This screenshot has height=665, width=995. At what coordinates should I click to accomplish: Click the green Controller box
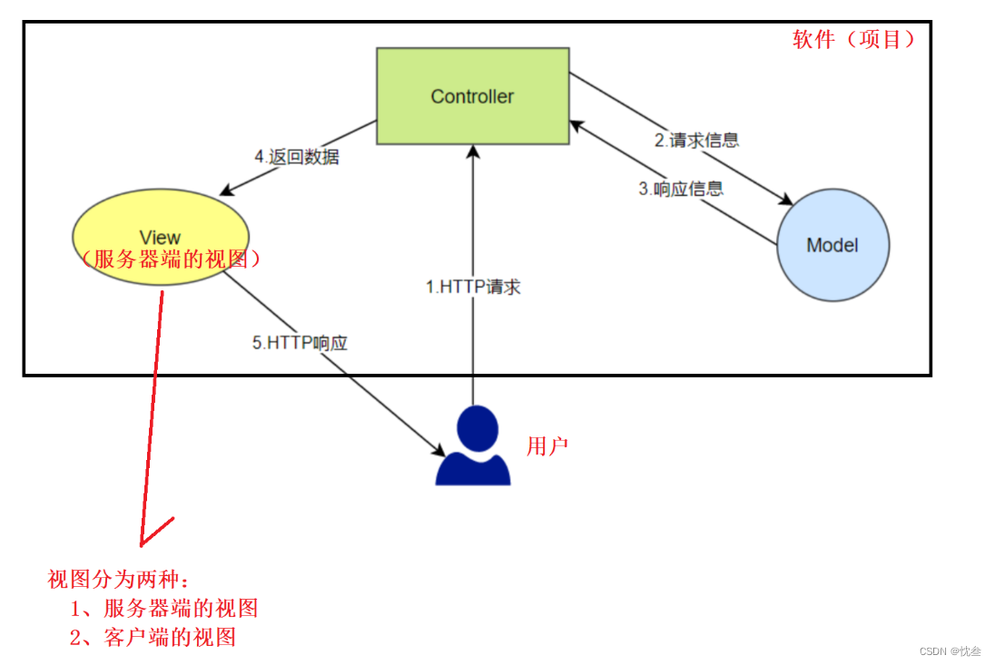[473, 96]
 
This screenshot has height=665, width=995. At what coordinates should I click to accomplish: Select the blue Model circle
[832, 245]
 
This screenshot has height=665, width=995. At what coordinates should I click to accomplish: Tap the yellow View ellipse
[162, 218]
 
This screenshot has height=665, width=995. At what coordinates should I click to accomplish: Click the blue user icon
[474, 445]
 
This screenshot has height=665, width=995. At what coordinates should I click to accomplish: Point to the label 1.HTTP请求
[473, 287]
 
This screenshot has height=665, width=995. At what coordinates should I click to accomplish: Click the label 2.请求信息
[696, 140]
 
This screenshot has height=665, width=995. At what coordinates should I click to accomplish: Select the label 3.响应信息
[681, 189]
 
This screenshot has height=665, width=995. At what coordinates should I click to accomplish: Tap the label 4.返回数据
[297, 156]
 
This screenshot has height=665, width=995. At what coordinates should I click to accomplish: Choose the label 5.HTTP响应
[300, 344]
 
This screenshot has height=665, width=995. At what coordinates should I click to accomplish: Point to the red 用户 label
[547, 446]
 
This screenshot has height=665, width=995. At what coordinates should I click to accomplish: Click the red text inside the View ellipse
[170, 259]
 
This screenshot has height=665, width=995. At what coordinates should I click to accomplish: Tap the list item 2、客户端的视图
[153, 637]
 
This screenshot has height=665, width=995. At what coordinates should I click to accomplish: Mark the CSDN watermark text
[950, 651]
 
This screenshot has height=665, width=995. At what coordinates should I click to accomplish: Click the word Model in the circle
[832, 245]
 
